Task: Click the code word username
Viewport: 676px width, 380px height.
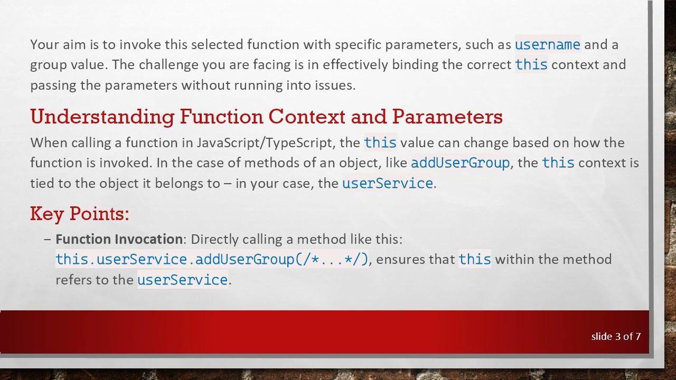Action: (547, 45)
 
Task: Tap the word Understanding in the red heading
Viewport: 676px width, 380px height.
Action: (102, 117)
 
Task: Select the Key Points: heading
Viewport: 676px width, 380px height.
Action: (80, 214)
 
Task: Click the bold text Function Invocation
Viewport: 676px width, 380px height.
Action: (119, 240)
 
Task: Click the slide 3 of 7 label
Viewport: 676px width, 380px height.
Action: (616, 337)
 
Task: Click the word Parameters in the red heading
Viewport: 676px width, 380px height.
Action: (447, 117)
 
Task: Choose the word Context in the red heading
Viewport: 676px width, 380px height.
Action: (307, 117)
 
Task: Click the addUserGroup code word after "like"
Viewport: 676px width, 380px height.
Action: (460, 163)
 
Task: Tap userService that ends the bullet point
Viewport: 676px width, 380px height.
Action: (182, 280)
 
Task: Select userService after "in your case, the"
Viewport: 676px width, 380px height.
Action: (387, 184)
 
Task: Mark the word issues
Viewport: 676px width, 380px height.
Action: (335, 85)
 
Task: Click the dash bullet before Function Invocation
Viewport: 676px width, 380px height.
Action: (48, 240)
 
